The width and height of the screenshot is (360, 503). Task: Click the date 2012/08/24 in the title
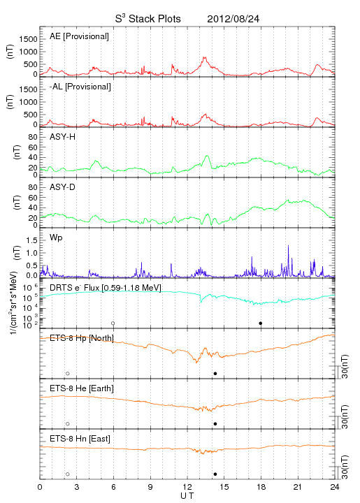(233, 19)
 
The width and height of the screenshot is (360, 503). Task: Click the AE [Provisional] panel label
(79, 36)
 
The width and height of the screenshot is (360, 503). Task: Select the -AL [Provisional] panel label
(80, 87)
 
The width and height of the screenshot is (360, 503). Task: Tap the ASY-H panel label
(63, 137)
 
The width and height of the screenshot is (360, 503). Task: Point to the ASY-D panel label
(63, 187)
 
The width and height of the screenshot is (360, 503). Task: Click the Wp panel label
(56, 238)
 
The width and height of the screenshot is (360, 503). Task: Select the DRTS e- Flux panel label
(106, 288)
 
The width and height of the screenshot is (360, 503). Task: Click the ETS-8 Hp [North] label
(82, 338)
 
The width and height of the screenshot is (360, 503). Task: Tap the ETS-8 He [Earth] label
(82, 388)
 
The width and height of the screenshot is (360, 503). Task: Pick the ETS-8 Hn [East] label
(80, 439)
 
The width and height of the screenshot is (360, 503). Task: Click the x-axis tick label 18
(261, 487)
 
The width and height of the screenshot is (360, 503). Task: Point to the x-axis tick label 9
(150, 487)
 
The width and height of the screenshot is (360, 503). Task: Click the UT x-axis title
(187, 496)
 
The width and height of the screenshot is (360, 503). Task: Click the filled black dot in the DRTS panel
(261, 323)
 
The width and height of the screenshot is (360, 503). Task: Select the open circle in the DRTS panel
(113, 323)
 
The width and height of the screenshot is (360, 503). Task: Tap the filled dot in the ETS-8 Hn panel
(215, 474)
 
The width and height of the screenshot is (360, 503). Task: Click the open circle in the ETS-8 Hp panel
(68, 374)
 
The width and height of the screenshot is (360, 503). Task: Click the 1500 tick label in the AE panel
(28, 39)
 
